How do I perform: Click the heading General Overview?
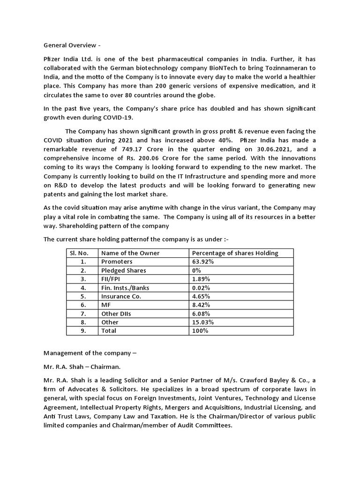[72, 45]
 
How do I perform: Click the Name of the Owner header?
[130, 253]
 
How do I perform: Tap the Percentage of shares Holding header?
[235, 253]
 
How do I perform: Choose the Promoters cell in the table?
[117, 262]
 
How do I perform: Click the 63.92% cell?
[203, 262]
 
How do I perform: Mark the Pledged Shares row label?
[123, 270]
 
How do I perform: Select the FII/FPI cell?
[112, 279]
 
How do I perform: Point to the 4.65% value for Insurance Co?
[201, 296]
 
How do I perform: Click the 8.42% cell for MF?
[201, 305]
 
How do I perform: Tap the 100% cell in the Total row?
[200, 331]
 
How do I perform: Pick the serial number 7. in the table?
[83, 314]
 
